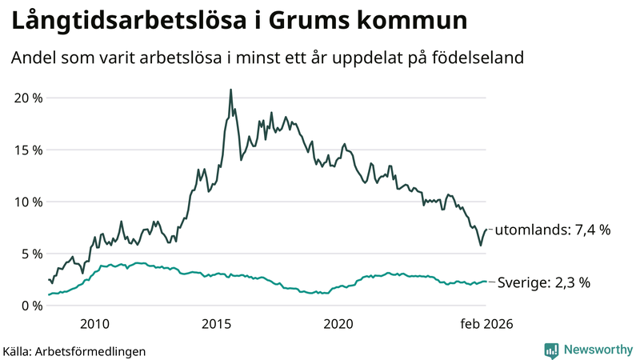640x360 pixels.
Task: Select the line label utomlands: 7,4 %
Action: tap(553, 230)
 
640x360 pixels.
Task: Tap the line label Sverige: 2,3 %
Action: tap(544, 282)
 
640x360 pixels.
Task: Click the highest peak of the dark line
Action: tap(230, 90)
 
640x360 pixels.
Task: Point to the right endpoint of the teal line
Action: tap(486, 282)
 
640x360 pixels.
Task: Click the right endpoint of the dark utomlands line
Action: tap(486, 230)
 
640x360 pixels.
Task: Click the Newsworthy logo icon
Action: tap(551, 350)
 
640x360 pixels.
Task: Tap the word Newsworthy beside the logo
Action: tap(598, 350)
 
